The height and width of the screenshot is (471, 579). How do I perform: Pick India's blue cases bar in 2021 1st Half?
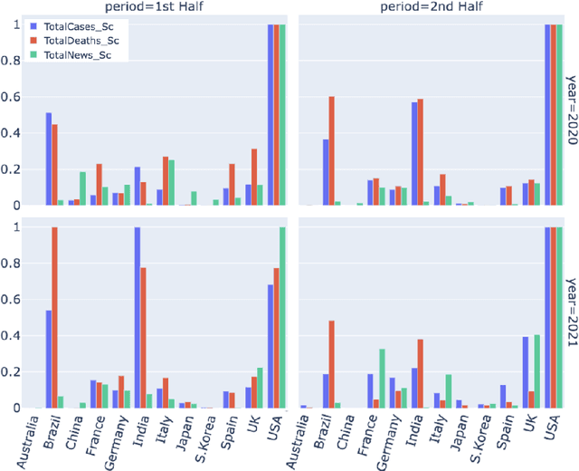click(x=138, y=317)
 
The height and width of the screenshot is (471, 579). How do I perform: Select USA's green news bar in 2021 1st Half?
click(x=281, y=317)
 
